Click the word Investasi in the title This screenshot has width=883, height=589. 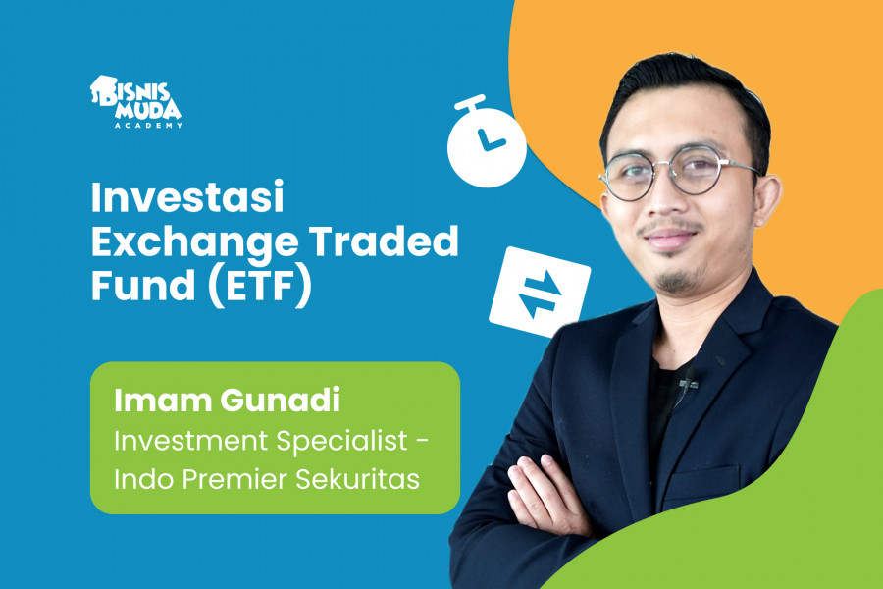187,200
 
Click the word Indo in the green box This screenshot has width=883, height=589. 143,482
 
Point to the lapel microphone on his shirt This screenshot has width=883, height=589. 690,377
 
